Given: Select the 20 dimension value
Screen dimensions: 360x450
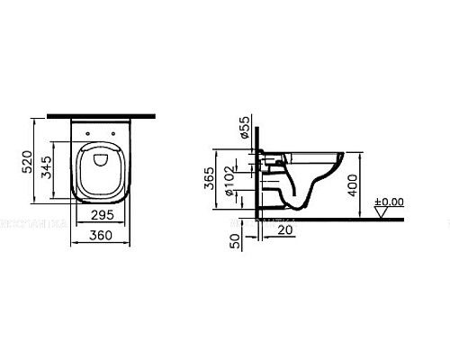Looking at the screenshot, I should (283, 230).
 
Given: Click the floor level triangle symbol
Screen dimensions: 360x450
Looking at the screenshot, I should (382, 213).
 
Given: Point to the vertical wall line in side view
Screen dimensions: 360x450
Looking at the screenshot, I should (260, 180).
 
